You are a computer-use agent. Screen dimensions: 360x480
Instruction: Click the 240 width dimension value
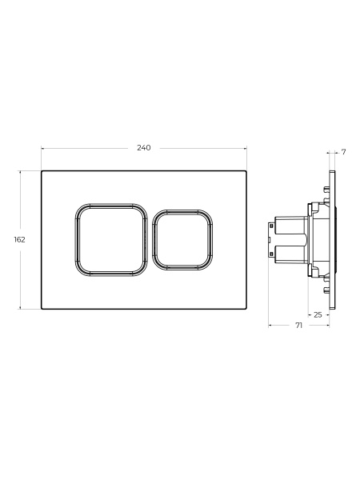143,148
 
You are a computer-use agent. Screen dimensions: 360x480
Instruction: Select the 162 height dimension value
19,240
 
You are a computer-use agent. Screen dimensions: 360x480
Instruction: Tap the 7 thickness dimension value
343,152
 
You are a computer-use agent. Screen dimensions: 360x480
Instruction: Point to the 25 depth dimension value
318,314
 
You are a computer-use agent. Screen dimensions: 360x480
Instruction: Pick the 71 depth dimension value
298,326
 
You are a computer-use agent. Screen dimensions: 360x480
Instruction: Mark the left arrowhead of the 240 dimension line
43,149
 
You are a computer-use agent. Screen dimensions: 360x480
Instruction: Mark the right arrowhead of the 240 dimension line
245,149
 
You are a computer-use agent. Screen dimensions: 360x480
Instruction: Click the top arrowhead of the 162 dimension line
21,172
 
